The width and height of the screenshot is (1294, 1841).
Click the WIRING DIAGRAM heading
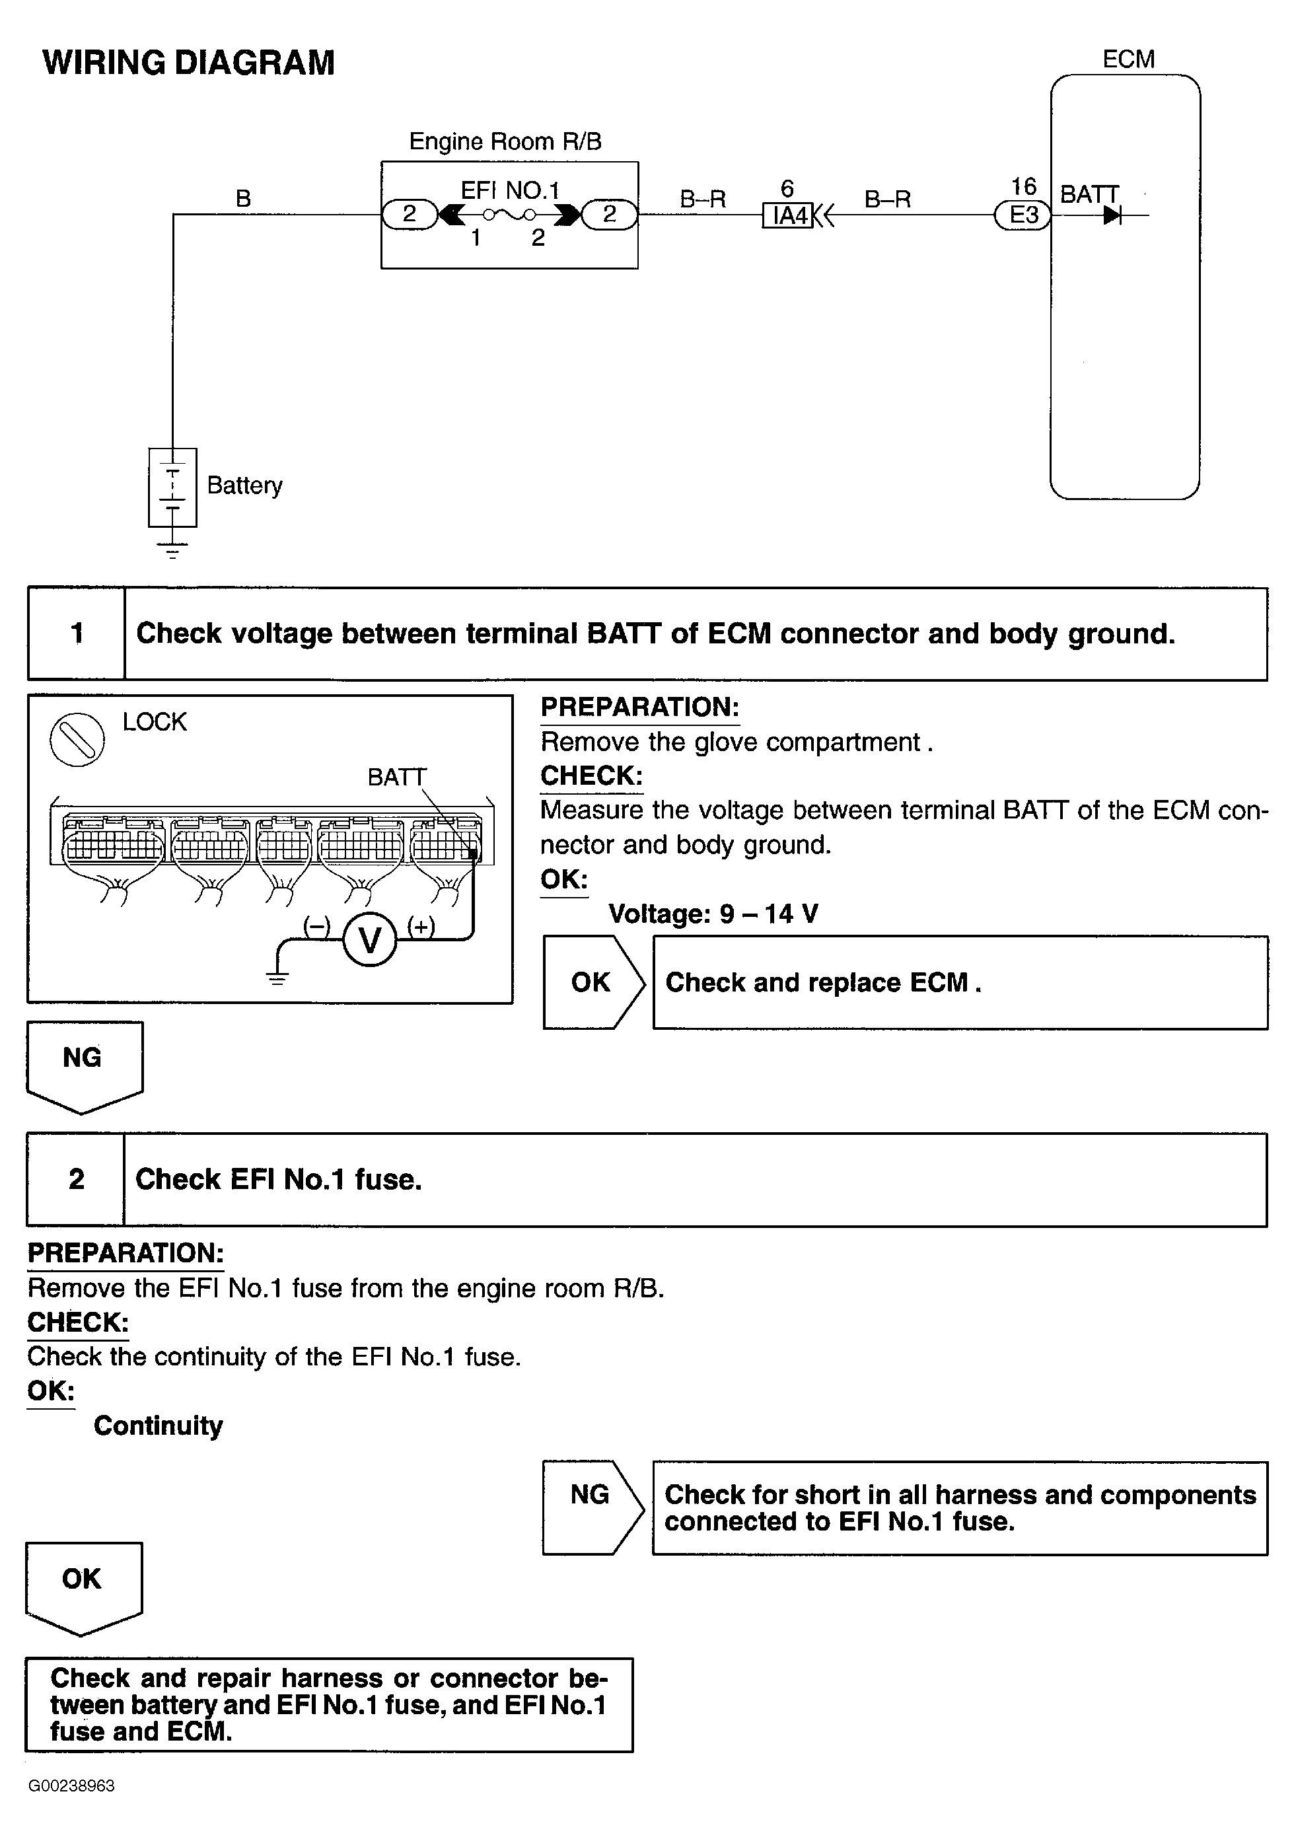[x=188, y=63]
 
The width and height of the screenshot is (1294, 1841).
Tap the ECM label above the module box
[x=1128, y=59]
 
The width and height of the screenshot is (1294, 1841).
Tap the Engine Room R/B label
[x=505, y=142]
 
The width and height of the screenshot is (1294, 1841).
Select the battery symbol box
[x=172, y=487]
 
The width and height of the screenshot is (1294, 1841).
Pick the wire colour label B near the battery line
[x=243, y=198]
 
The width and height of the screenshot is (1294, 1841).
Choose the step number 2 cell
[x=76, y=1178]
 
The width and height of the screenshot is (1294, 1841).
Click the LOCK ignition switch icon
[x=77, y=739]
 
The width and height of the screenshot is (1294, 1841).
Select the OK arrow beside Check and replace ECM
[x=593, y=982]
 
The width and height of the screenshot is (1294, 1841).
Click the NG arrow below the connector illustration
[x=83, y=1064]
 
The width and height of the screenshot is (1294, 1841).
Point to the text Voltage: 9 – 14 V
[x=713, y=914]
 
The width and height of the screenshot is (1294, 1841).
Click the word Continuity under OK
[x=158, y=1425]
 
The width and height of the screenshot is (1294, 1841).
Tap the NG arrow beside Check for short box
[x=592, y=1507]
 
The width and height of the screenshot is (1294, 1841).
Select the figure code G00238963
[x=71, y=1786]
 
